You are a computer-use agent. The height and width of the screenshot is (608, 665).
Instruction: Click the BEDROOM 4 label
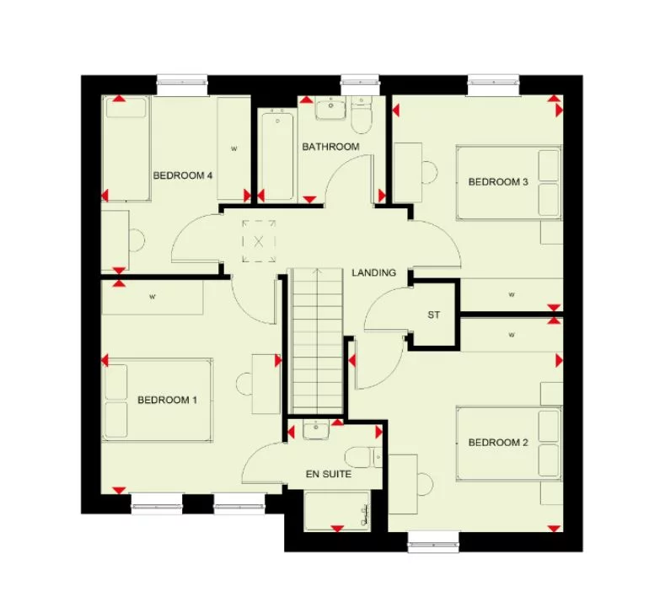183,175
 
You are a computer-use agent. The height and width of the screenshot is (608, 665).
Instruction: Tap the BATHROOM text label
330,147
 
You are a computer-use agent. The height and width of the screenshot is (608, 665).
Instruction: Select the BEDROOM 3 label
498,181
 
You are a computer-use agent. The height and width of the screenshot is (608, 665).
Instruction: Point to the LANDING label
373,272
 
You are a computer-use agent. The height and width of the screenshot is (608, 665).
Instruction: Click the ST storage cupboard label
434,315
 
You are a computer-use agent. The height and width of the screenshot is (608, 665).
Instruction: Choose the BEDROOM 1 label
167,400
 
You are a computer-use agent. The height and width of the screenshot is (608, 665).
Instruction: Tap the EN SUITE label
328,474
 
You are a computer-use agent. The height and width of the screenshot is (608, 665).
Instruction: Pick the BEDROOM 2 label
498,443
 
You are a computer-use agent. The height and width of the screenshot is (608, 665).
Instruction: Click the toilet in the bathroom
361,117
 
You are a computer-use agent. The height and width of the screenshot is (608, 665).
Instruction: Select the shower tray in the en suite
337,510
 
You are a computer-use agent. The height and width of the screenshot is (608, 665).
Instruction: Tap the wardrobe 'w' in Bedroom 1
153,297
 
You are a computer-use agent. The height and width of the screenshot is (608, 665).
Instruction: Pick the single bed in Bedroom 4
126,148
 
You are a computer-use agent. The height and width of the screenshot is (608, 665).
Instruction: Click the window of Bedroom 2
433,542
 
